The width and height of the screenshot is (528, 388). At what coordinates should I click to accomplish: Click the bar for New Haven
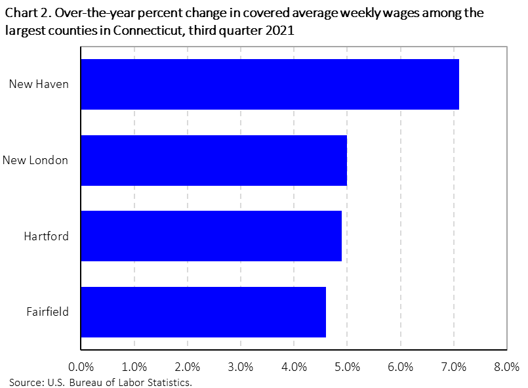pos(270,84)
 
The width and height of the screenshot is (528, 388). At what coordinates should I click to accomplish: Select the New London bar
pos(214,160)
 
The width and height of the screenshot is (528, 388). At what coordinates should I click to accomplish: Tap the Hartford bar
pos(211,236)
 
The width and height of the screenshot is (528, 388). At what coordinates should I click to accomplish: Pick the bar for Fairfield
pos(203,312)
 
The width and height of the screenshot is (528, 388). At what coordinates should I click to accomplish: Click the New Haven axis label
pos(39,84)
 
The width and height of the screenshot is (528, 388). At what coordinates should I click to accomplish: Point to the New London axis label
pos(35,160)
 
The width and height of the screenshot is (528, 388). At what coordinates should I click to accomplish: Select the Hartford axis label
pos(46,236)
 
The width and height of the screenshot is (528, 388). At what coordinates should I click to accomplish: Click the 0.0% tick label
pos(81,366)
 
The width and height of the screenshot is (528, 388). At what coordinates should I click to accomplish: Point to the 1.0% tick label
pos(134,366)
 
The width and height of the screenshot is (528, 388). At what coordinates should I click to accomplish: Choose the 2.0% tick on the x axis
pos(187,366)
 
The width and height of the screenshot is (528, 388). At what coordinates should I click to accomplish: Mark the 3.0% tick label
pos(240,366)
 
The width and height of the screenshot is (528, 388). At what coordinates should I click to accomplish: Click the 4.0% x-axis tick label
pos(294,366)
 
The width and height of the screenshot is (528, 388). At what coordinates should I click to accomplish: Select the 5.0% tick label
pos(347,366)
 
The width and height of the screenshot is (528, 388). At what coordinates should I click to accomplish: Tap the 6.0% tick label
pos(400,366)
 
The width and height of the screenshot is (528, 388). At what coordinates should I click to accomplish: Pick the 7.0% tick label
pos(453,366)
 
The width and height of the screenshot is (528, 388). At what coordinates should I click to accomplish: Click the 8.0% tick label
pos(506,366)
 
